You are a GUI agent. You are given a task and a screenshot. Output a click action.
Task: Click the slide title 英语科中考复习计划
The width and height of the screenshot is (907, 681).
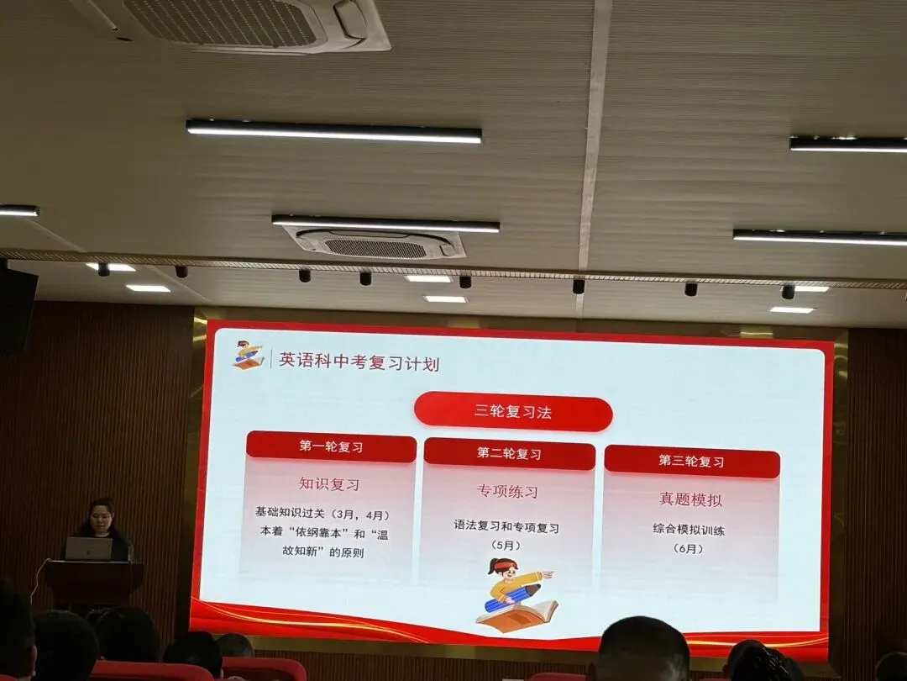pyautogui.click(x=359, y=362)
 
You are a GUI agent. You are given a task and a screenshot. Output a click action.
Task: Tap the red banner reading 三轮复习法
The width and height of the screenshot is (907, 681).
pyautogui.click(x=513, y=414)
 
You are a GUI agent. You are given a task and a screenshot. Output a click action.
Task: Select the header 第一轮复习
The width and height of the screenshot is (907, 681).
pyautogui.click(x=331, y=447)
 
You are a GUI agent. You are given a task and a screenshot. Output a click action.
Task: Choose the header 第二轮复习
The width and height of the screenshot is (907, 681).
pyautogui.click(x=509, y=454)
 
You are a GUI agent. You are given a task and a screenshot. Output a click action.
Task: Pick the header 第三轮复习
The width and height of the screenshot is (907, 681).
pyautogui.click(x=691, y=462)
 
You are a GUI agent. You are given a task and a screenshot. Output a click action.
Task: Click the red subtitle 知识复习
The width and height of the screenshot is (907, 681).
pyautogui.click(x=329, y=484)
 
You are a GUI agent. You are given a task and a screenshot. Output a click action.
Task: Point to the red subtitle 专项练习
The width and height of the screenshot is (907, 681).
pyautogui.click(x=507, y=491)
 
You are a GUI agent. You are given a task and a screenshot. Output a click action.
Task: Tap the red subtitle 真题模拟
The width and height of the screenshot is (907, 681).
pyautogui.click(x=690, y=499)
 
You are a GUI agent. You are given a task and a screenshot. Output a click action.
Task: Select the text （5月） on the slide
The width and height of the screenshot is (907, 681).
pyautogui.click(x=506, y=546)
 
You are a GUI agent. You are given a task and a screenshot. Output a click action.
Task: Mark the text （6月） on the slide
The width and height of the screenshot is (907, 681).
pyautogui.click(x=688, y=549)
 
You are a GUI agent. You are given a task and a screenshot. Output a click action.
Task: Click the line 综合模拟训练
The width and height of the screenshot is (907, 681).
pyautogui.click(x=689, y=531)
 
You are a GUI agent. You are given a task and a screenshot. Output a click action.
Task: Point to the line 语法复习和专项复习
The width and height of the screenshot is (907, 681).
pyautogui.click(x=506, y=527)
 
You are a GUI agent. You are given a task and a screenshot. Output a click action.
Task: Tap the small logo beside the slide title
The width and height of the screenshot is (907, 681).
pyautogui.click(x=248, y=355)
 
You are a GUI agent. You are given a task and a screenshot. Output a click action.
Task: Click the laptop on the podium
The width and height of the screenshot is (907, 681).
pyautogui.click(x=88, y=549)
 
